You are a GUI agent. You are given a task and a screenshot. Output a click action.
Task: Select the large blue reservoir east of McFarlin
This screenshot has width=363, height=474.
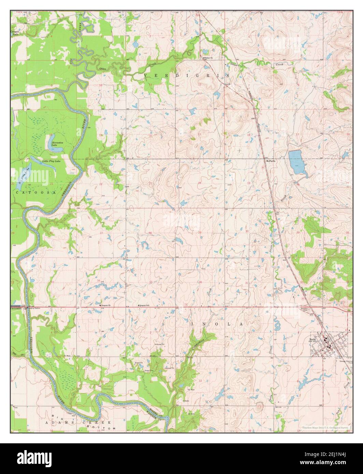pos(296,161)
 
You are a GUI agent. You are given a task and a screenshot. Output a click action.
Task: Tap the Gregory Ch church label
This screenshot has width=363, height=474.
pos(105,305)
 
